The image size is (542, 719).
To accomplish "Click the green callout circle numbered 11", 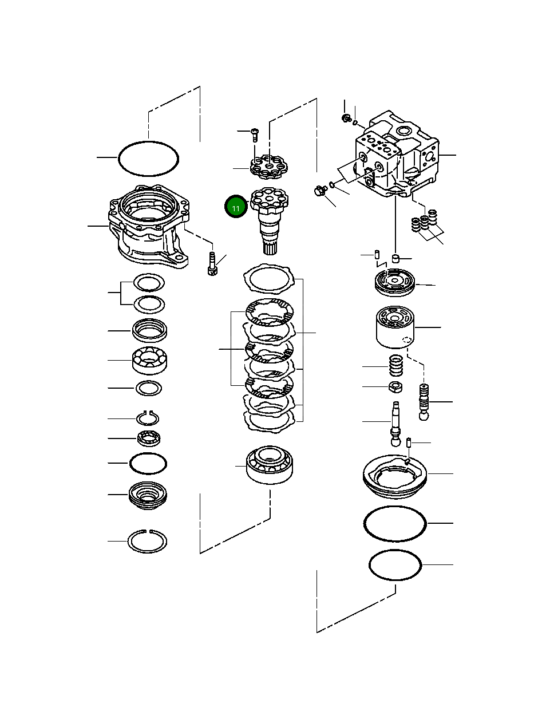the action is point(236,206).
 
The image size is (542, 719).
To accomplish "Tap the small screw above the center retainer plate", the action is point(255,135).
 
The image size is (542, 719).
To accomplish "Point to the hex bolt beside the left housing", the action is point(212,263).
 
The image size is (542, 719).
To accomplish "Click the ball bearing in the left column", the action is point(149,360).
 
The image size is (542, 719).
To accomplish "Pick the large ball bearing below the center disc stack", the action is point(270,465).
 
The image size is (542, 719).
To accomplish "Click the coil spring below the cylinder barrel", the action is point(396,366).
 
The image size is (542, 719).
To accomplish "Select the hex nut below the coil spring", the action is point(395,387).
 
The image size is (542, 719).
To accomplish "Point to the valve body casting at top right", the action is point(397,153).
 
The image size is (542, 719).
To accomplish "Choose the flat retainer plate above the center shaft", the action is point(269,167).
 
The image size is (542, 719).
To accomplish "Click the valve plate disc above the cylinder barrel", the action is point(395,282).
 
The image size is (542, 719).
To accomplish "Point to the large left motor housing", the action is point(149,226).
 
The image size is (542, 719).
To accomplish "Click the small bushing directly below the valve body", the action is point(395,258).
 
